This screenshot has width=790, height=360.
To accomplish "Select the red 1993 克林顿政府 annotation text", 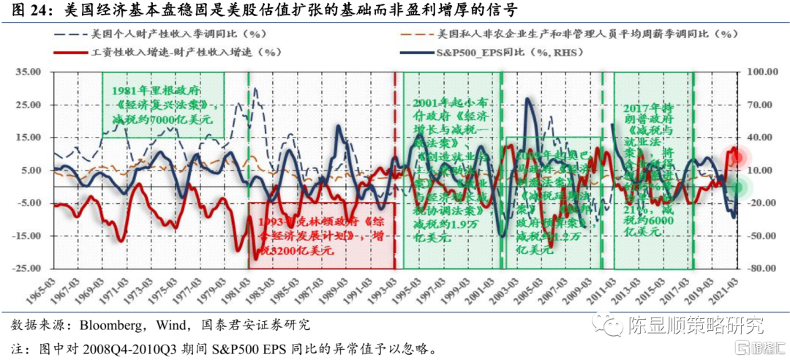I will point(315,234).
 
